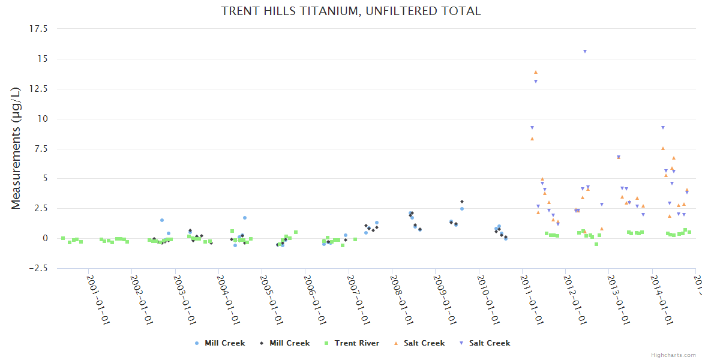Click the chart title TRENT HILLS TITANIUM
pyautogui.click(x=351, y=11)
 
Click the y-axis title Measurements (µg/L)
pyautogui.click(x=16, y=148)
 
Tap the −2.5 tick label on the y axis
pyautogui.click(x=41, y=268)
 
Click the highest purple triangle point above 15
pyautogui.click(x=584, y=52)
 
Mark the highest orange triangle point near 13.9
pyautogui.click(x=536, y=72)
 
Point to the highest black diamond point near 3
pyautogui.click(x=462, y=202)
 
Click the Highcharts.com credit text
pyautogui.click(x=673, y=355)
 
